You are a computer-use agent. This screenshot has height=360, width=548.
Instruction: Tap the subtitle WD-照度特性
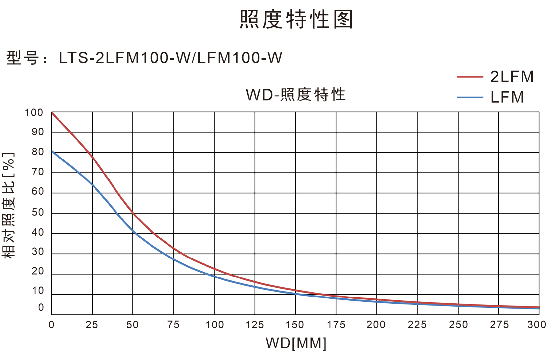(296, 94)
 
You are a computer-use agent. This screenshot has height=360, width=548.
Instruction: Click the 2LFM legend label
(512, 77)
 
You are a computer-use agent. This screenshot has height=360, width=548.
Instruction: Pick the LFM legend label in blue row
(507, 97)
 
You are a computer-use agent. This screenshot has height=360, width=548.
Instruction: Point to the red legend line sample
(470, 77)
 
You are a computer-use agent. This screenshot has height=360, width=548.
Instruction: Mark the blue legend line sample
(470, 97)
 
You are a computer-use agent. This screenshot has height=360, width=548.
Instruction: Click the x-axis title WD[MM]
(296, 344)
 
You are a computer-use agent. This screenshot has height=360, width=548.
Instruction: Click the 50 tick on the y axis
(38, 213)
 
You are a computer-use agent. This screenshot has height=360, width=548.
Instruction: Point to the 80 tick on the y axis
(38, 152)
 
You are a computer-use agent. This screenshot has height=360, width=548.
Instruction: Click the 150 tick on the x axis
(295, 325)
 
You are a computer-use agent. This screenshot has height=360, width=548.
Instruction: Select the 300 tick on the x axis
(537, 325)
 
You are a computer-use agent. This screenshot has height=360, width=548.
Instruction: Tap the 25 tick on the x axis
(92, 325)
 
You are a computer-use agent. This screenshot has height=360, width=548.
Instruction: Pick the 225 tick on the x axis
(417, 325)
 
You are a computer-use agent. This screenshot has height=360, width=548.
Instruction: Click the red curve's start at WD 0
(52, 113)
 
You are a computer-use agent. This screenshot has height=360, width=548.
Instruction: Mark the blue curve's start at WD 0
(52, 151)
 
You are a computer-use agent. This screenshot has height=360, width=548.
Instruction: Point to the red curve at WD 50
(133, 213)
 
